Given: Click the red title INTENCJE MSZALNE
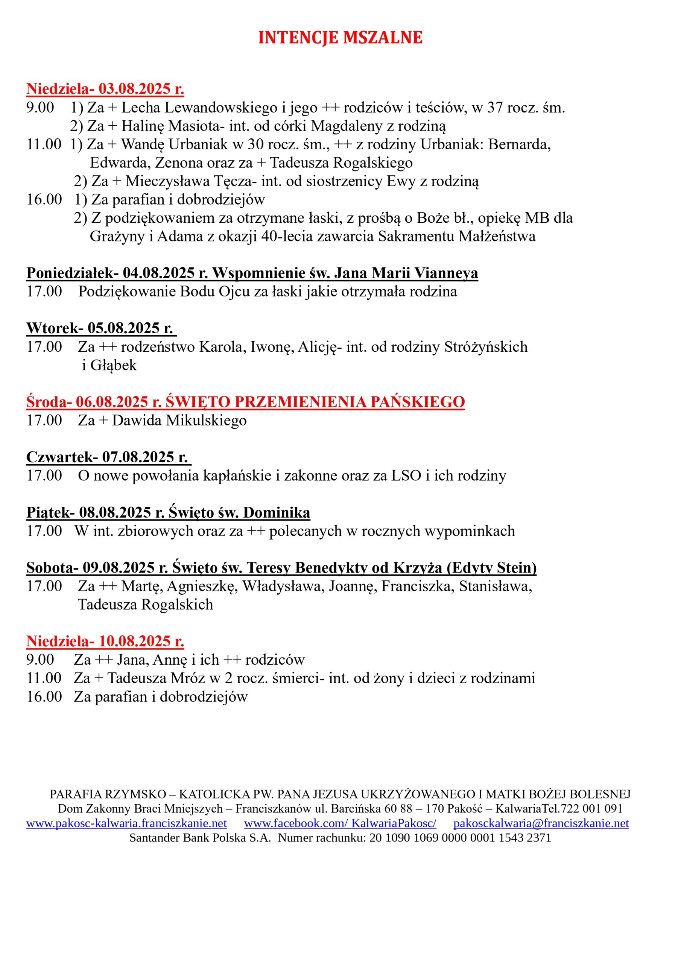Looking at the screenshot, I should point(340,38).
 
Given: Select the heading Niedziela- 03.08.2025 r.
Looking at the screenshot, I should point(105,89).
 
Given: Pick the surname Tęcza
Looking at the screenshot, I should point(233,181).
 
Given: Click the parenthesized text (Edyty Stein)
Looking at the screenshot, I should point(491,568).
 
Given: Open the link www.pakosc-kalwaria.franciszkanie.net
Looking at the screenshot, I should point(126,823).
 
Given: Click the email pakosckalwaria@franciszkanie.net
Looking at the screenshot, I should point(541,823).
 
